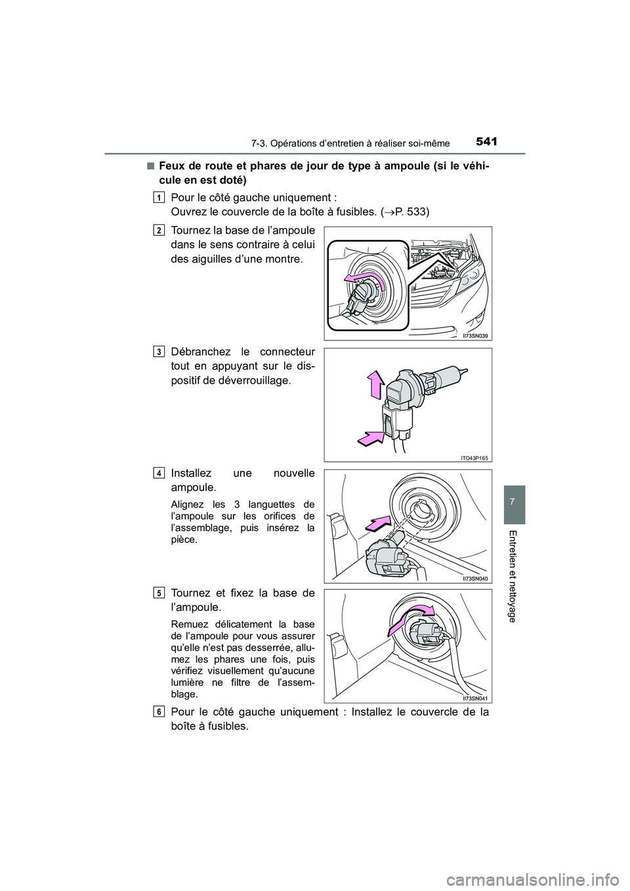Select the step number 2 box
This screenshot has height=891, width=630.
(160, 230)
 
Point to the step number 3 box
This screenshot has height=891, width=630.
(160, 351)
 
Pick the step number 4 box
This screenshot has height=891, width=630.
(160, 472)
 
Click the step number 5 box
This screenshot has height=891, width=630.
(160, 593)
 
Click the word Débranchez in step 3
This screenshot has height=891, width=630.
(198, 352)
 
